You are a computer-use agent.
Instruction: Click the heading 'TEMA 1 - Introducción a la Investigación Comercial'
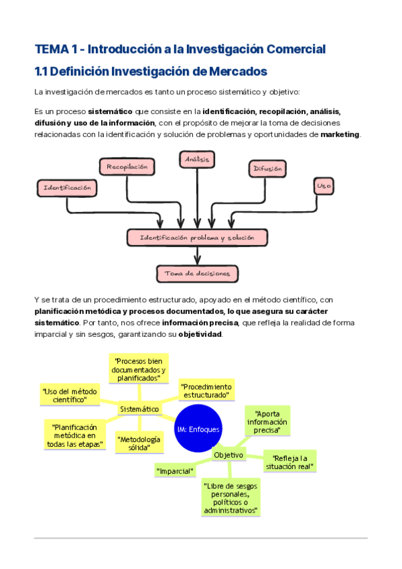(180, 49)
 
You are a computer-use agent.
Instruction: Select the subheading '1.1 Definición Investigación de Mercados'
(151, 71)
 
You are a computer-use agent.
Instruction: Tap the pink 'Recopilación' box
(127, 166)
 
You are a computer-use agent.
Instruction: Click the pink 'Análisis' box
(197, 159)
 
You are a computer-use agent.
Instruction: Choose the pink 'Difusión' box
(267, 169)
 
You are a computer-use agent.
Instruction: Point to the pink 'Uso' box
(324, 185)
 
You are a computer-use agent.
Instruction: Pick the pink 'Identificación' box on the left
(67, 188)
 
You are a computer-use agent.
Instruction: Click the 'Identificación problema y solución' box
(197, 238)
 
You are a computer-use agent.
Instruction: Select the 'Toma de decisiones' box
(197, 273)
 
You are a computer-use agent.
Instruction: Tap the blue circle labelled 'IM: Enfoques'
(198, 429)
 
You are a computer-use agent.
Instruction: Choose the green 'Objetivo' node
(228, 455)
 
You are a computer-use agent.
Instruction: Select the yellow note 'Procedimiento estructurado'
(207, 391)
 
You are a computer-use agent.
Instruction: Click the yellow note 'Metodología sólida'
(139, 444)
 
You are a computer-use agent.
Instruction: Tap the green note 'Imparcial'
(175, 471)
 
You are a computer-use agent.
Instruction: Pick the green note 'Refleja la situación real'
(290, 462)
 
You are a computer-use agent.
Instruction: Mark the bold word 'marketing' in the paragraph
(340, 134)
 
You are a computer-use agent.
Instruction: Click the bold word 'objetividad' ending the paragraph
(200, 333)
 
